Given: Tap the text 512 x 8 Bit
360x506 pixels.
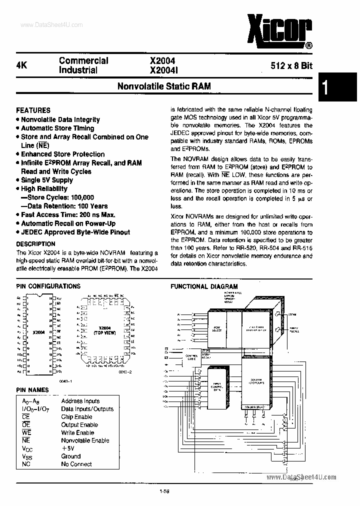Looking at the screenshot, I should [291, 65].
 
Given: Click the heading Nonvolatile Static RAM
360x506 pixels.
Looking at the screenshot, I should [164, 86].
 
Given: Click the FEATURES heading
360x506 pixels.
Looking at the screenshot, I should [33, 110].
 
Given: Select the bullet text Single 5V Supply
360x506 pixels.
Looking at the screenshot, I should [47, 180].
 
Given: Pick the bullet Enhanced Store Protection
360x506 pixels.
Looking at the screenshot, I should [62, 154].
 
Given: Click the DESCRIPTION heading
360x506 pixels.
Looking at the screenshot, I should [35, 243].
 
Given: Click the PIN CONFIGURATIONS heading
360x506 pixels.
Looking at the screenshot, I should [48, 286].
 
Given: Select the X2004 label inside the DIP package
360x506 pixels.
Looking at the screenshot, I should [38, 332].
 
